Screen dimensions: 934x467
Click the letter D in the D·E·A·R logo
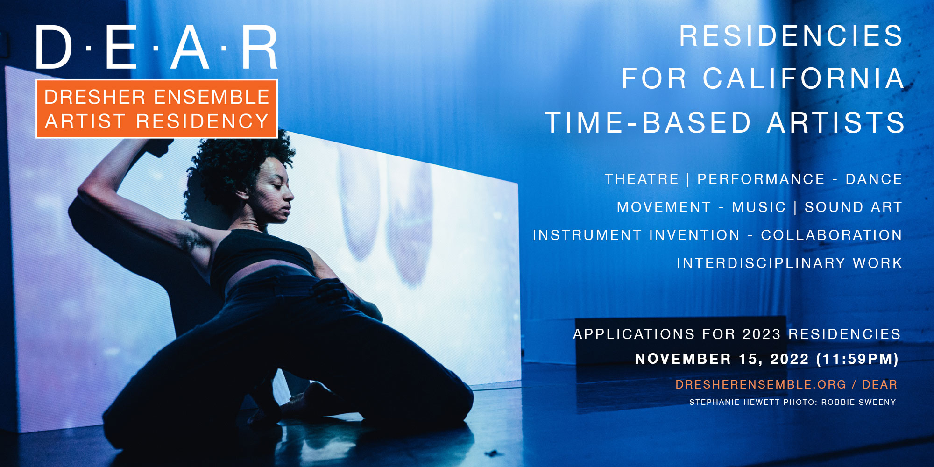pyautogui.click(x=54, y=47)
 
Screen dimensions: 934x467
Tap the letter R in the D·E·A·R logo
pyautogui.click(x=260, y=47)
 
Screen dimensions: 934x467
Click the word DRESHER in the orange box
pyautogui.click(x=95, y=97)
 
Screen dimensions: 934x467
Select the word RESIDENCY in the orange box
pyautogui.click(x=202, y=121)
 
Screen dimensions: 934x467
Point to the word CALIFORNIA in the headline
pyautogui.click(x=803, y=78)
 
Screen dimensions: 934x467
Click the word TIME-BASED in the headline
pyautogui.click(x=648, y=122)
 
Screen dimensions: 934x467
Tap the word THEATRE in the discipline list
pyautogui.click(x=642, y=179)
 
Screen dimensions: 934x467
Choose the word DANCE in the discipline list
pyautogui.click(x=874, y=179)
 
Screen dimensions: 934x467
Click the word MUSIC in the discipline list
pyautogui.click(x=759, y=207)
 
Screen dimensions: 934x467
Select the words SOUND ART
pyautogui.click(x=853, y=207)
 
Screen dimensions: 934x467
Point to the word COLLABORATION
pyautogui.click(x=831, y=235)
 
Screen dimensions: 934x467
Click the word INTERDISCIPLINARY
pyautogui.click(x=761, y=263)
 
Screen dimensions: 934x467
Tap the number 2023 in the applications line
pyautogui.click(x=762, y=334)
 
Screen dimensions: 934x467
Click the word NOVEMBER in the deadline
pyautogui.click(x=683, y=359)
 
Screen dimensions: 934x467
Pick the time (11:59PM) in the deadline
pyautogui.click(x=857, y=359)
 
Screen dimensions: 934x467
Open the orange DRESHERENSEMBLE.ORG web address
pyautogui.click(x=761, y=384)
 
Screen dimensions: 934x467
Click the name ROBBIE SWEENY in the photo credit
pyautogui.click(x=858, y=402)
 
